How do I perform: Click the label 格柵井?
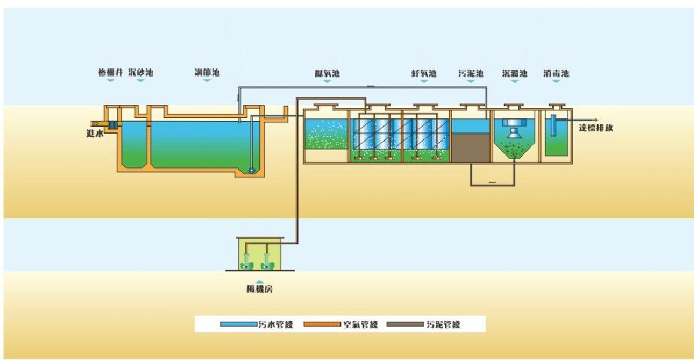pos(110,73)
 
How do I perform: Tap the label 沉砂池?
pos(141,73)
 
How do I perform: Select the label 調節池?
pos(207,73)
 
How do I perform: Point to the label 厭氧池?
pos(327,73)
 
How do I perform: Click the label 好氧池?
pos(424,73)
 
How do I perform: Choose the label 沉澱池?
pos(515,73)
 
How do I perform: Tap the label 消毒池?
pos(556,73)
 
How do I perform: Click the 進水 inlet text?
pos(93,133)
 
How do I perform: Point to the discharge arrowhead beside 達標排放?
pos(596,119)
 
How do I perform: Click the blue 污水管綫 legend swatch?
pos(238,325)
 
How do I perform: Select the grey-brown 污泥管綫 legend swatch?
pos(404,325)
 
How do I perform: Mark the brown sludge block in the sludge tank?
pos(469,148)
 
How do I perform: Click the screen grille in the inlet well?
pos(111,124)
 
